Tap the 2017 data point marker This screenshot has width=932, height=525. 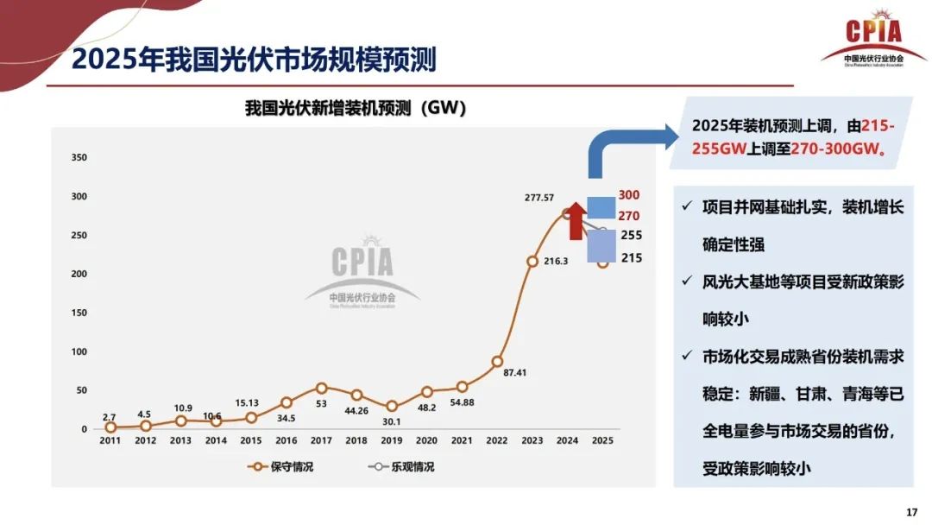[x=321, y=389]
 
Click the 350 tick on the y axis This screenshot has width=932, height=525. [x=79, y=158]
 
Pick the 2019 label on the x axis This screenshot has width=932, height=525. [x=392, y=440]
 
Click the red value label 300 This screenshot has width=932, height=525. [x=629, y=196]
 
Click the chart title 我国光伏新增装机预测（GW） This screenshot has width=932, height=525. [x=355, y=108]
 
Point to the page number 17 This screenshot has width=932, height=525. [x=911, y=512]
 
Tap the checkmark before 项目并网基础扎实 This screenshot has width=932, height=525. [x=686, y=208]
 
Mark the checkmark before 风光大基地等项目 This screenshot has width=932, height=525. [x=686, y=281]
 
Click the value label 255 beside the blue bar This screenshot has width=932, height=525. [x=632, y=235]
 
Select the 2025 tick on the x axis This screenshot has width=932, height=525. [x=602, y=440]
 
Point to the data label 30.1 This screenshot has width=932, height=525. [x=392, y=421]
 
